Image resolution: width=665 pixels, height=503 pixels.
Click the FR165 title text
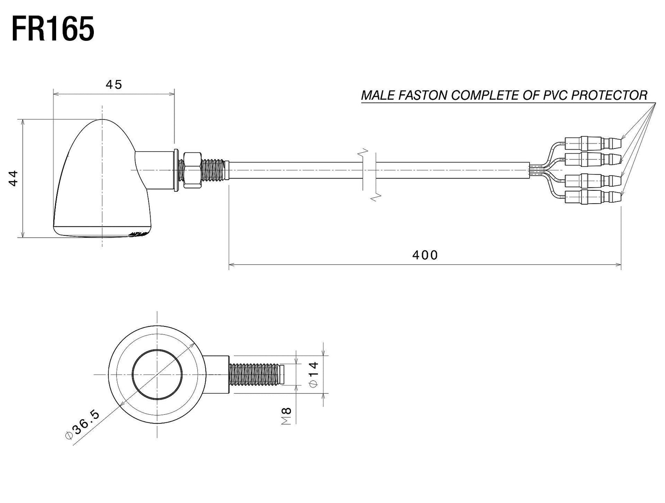[53, 29]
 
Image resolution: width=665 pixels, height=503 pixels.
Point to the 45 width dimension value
[114, 85]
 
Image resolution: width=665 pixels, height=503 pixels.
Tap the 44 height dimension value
[14, 178]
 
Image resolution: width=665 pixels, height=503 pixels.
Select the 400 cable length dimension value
[425, 255]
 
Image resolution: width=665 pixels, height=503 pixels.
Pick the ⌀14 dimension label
[313, 374]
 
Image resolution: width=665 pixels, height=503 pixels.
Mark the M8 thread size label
[286, 416]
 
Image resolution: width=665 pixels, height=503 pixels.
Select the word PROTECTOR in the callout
[609, 95]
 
